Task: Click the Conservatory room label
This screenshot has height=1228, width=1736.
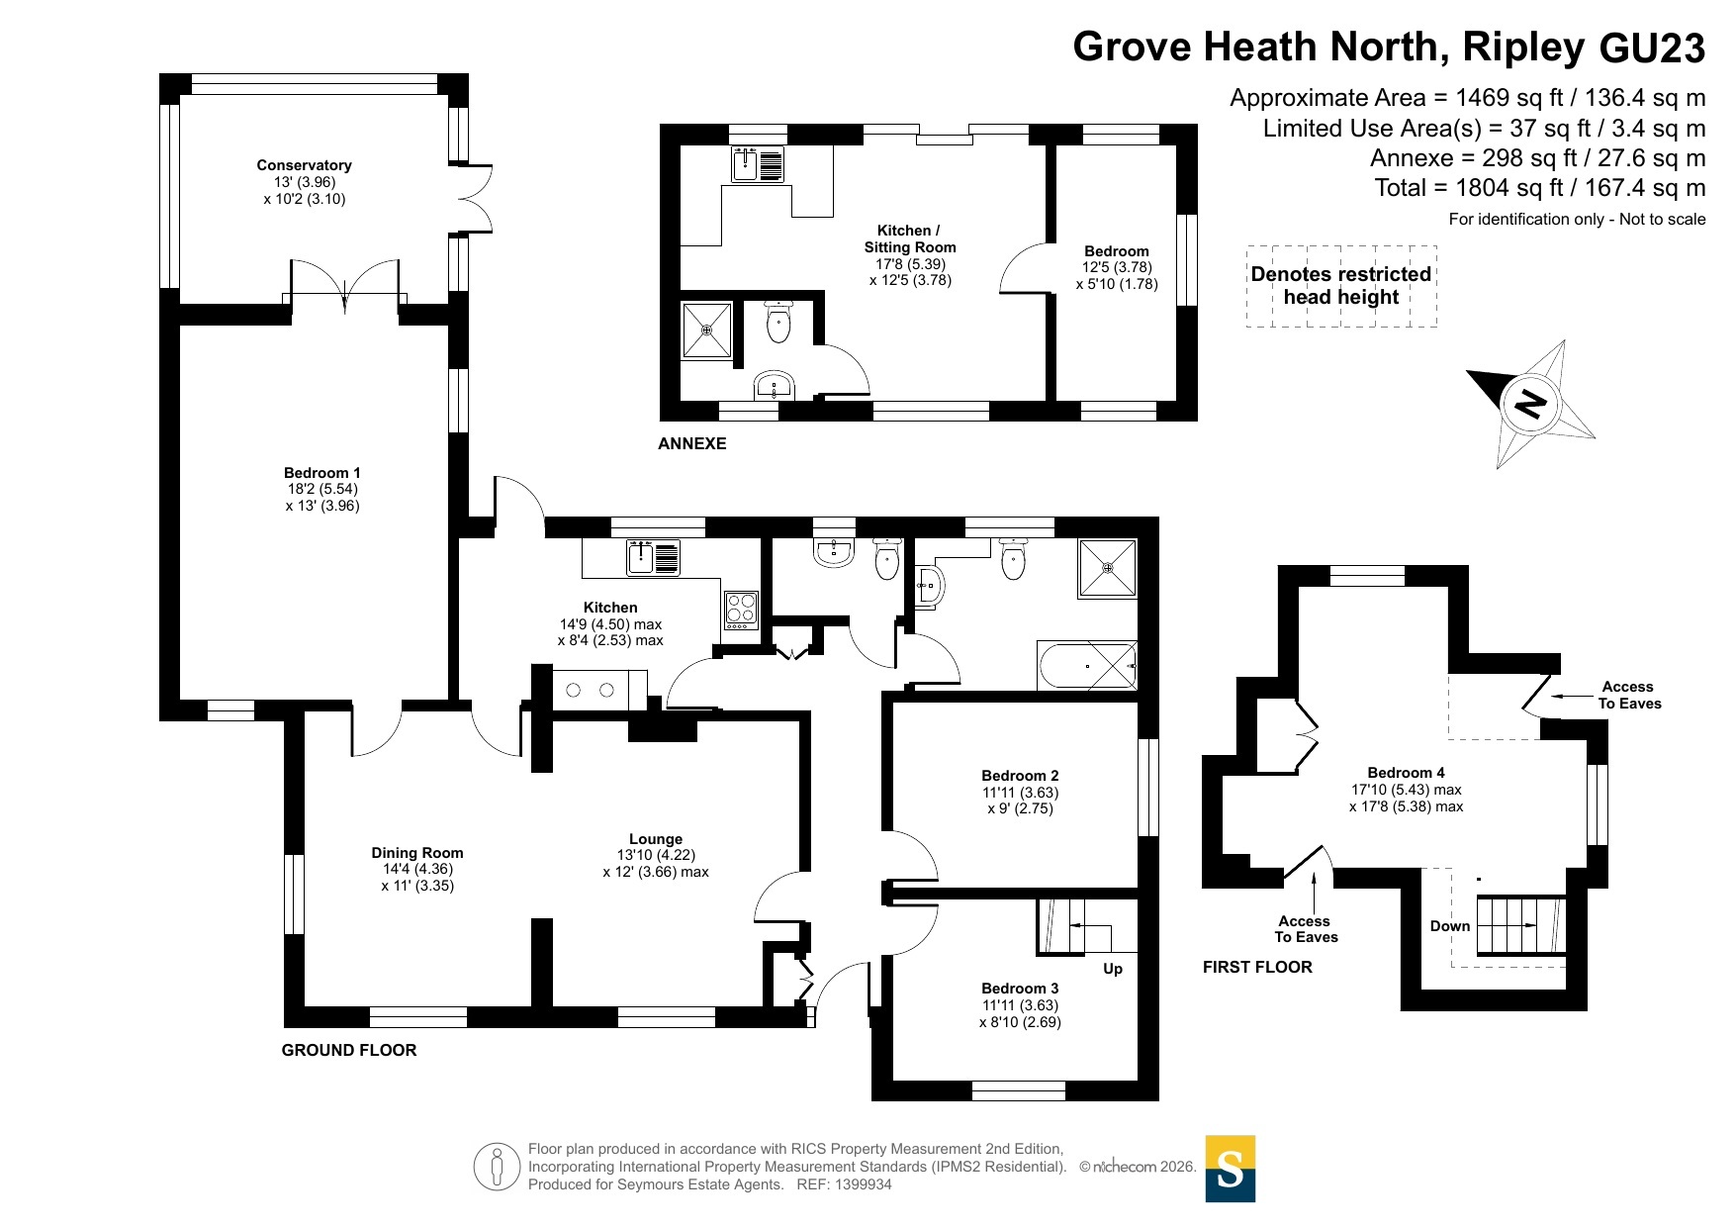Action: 304,165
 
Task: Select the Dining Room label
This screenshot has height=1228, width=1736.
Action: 417,853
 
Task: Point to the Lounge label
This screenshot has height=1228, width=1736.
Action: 656,839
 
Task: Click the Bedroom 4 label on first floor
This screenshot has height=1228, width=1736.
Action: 1406,773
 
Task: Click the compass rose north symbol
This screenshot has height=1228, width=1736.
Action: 1530,404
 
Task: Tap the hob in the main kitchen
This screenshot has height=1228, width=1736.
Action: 742,610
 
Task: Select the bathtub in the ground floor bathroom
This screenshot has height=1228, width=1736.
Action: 1087,665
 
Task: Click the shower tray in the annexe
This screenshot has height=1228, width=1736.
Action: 706,330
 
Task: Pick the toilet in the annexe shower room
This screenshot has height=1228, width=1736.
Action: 778,323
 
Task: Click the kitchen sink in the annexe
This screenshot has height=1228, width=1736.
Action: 758,164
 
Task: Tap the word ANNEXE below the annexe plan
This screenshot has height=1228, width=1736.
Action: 692,443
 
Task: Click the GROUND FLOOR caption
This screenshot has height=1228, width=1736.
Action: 349,1050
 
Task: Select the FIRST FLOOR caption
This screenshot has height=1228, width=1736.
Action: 1257,967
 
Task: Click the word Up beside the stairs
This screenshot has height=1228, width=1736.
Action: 1113,969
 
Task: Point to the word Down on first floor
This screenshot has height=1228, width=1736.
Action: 1450,926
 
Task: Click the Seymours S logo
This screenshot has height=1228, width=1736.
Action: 1231,1169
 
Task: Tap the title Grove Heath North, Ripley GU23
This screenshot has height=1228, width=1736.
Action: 1389,47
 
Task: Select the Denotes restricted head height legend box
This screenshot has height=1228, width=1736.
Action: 1341,286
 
